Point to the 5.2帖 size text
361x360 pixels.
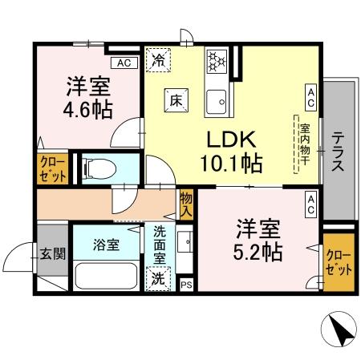pos(258,251)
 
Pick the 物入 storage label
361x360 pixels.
pos(186,204)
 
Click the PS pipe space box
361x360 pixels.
pos(186,285)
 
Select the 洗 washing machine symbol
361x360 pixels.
pos(160,279)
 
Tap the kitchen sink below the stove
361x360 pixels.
pos(215,99)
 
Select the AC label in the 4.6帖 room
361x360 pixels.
pos(124,63)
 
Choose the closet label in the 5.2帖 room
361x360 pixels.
pos(339,261)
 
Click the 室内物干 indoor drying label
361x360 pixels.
pos(305,144)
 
